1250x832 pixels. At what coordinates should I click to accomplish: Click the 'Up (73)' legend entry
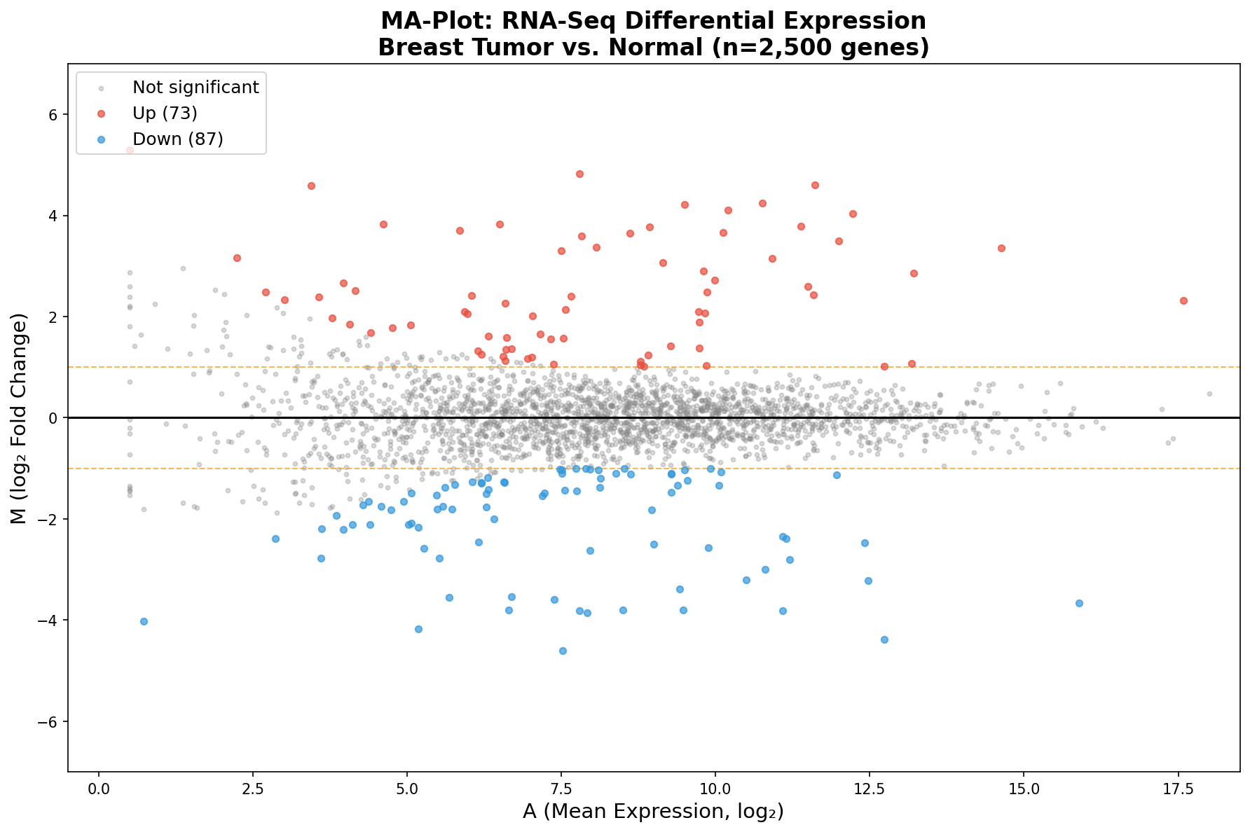tap(165, 113)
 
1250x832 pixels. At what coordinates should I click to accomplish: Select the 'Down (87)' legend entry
tap(177, 139)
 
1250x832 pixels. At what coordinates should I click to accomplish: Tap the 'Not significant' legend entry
tap(195, 88)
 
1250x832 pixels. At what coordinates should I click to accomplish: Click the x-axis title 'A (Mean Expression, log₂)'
tap(653, 812)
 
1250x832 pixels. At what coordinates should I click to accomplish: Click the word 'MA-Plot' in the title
tap(427, 21)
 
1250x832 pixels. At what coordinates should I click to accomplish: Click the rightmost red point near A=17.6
tap(1183, 300)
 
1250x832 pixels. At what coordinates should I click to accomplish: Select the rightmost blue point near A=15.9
tap(1079, 603)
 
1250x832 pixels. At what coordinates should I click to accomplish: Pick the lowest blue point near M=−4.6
tap(563, 651)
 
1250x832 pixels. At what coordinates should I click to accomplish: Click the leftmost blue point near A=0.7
tap(144, 621)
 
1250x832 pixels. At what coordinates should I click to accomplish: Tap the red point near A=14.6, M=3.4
tap(1001, 248)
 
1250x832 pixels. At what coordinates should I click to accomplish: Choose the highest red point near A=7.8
tap(579, 174)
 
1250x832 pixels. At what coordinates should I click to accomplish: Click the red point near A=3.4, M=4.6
tap(311, 186)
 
